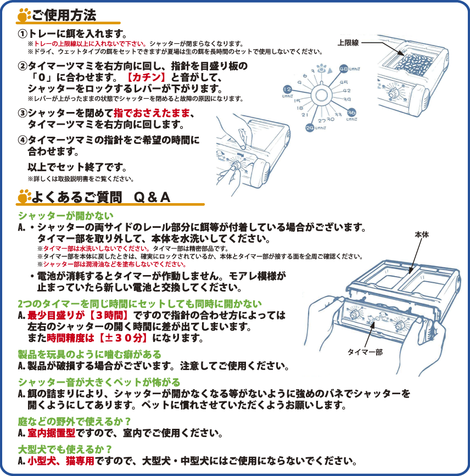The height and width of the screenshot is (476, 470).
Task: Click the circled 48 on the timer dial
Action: click(x=344, y=69)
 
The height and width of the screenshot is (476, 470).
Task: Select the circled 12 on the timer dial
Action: click(x=287, y=89)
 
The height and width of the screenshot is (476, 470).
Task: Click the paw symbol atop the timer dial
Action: click(x=322, y=70)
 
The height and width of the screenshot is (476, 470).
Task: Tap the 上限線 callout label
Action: click(x=348, y=42)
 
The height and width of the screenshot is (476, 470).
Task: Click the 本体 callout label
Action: click(x=422, y=234)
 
